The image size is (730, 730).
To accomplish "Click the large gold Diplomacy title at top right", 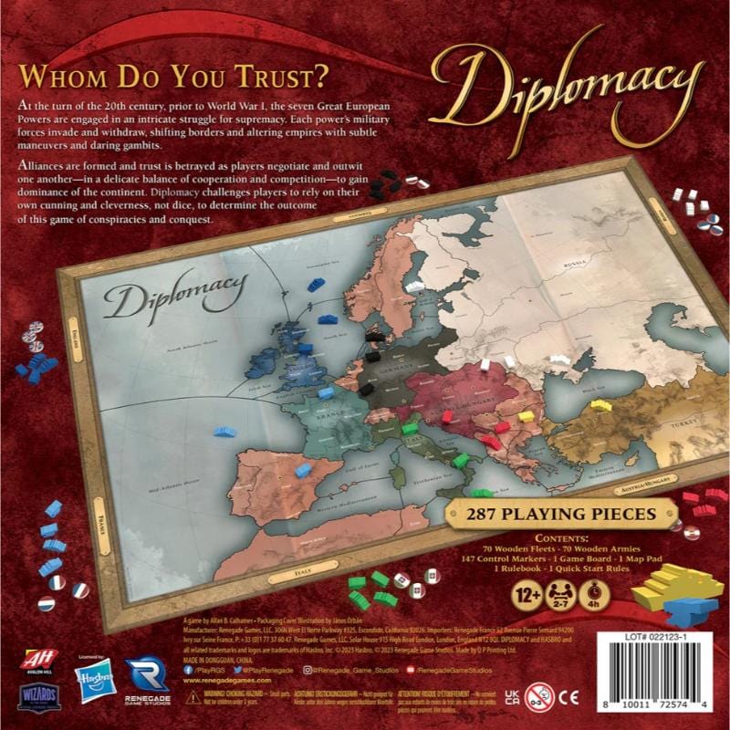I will (567, 88).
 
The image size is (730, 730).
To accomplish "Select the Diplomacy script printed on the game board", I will (169, 300).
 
